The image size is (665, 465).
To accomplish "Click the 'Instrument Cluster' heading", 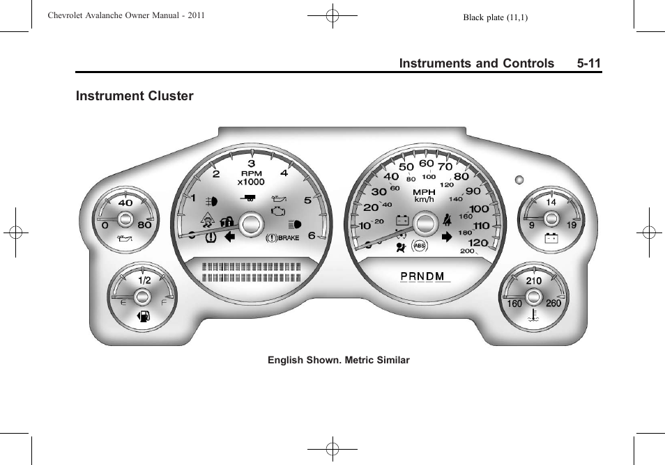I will coord(135,96).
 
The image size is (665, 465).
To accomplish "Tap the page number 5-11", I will coord(588,63).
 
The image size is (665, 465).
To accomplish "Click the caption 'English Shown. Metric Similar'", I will coord(339,360).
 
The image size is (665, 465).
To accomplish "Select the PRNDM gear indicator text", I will coord(422,276).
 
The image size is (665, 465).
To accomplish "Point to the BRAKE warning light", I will coord(283,237).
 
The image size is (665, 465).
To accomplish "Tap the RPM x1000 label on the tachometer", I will coord(251,178).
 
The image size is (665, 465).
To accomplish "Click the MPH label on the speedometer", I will coord(424,192).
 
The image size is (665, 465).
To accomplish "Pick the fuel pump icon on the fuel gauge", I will coord(143,317).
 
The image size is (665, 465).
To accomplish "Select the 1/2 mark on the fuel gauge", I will coord(144,281).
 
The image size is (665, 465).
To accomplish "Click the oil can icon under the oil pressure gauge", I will coord(125,240).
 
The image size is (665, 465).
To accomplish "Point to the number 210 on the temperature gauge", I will coord(533,281).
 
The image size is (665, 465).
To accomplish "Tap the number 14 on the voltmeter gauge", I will coord(551,202).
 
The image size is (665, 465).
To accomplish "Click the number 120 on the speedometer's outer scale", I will coord(477,242).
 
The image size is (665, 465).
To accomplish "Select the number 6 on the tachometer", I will coord(312,235).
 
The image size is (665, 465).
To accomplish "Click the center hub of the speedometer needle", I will coord(424,223).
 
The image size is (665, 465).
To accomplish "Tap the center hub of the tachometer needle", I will coord(250,223).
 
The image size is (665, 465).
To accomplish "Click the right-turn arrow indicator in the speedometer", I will coord(447,237).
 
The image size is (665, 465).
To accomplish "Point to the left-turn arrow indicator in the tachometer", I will coord(229,237).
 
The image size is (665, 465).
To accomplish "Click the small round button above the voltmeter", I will coord(519,180).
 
